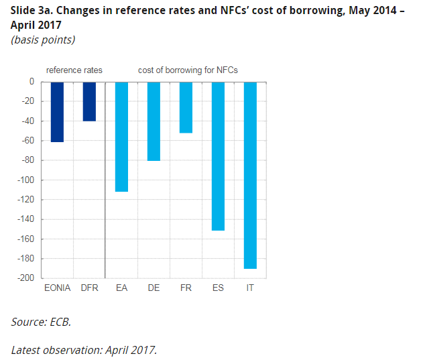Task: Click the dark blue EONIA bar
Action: click(x=57, y=112)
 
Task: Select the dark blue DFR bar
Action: click(x=89, y=101)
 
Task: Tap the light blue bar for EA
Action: click(x=121, y=137)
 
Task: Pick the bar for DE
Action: click(x=154, y=121)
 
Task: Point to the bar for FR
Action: click(x=186, y=107)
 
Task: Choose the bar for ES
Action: click(x=218, y=156)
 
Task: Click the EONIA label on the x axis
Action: click(x=57, y=288)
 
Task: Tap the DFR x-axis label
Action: click(x=89, y=288)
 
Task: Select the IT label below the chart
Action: click(x=250, y=288)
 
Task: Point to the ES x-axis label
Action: click(x=218, y=288)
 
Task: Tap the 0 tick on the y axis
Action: click(x=31, y=82)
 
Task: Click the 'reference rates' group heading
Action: click(x=74, y=70)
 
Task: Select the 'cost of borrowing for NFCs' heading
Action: click(x=188, y=70)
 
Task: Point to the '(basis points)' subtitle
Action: click(x=43, y=40)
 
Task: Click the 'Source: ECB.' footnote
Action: click(x=41, y=322)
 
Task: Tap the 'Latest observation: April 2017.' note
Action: click(x=84, y=349)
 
